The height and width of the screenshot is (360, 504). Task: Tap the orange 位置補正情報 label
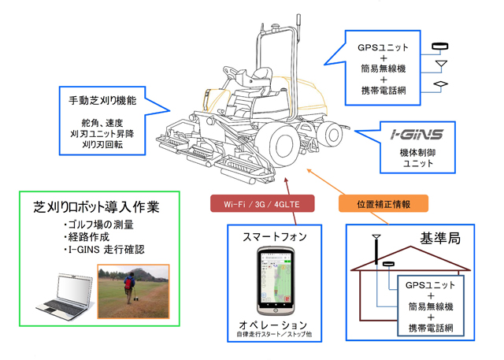click(x=384, y=204)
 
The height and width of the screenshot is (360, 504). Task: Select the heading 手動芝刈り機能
click(x=102, y=102)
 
